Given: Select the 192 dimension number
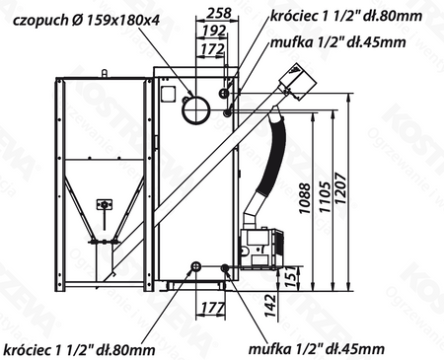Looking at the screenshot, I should [210, 30].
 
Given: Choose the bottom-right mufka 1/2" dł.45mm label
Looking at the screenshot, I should [315, 348].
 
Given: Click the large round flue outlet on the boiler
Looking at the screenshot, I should [197, 106].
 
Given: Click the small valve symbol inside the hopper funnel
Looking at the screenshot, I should [104, 204].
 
